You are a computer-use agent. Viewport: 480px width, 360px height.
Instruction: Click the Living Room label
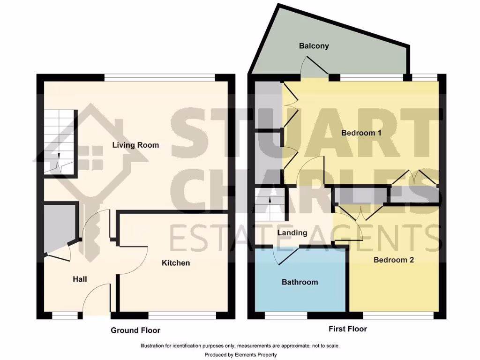135,145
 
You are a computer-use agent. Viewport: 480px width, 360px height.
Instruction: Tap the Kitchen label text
176,263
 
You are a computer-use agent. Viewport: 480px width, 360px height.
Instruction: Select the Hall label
80,279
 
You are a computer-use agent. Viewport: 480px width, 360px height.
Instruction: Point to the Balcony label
314,46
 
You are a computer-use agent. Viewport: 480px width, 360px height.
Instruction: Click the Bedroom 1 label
361,133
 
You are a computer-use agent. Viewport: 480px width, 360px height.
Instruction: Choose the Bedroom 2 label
393,260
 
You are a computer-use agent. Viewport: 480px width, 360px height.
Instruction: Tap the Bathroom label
300,282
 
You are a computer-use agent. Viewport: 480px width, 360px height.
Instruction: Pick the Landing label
292,233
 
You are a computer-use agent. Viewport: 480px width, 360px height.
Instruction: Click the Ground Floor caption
135,330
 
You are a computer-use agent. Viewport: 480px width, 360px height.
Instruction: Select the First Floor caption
348,329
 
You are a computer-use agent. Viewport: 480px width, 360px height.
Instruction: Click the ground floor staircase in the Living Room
60,142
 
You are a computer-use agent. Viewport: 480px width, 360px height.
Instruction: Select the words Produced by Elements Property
240,355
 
